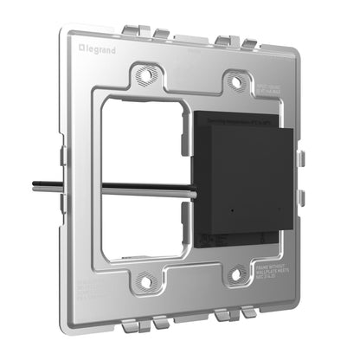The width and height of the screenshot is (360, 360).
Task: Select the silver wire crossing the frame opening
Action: pos(147,185)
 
